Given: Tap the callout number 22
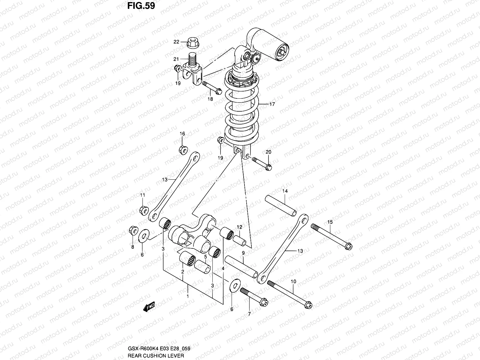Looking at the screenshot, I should click(x=176, y=42).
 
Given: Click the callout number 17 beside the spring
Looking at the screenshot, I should click(x=272, y=104).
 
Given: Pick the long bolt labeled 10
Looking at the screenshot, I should click(x=289, y=294).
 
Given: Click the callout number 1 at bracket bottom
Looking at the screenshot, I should click(x=188, y=296).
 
